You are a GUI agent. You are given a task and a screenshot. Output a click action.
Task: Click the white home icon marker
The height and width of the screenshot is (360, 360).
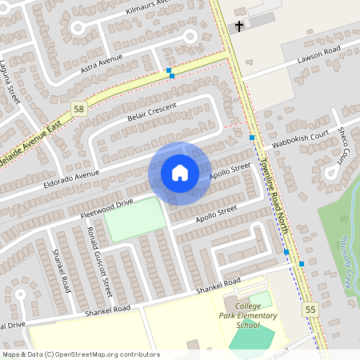pos(180,173)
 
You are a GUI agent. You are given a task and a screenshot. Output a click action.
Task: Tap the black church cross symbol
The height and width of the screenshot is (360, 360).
pos(238,27)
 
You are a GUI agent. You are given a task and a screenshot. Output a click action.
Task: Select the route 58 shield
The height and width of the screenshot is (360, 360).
pos(78,109)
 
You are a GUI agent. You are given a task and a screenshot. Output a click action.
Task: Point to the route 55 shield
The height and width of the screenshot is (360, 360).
pos(311,308)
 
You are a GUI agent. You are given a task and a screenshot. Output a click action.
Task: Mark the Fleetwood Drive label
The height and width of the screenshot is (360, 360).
pos(106,209)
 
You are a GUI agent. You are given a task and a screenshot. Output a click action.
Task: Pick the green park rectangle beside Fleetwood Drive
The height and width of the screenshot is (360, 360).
pos(134,219)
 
